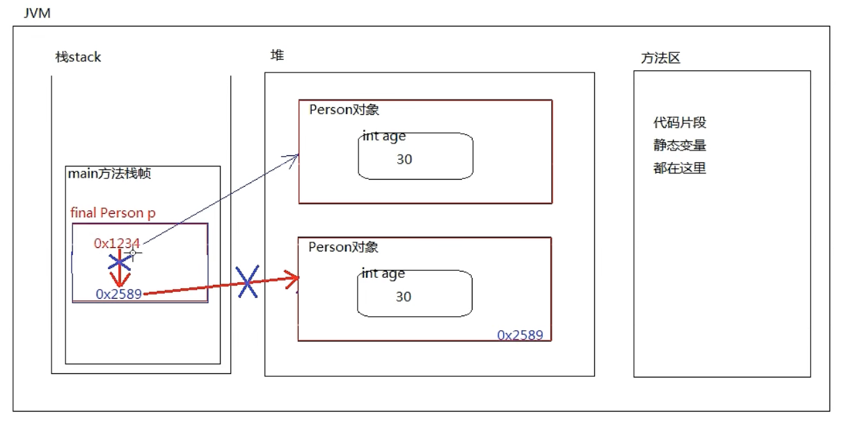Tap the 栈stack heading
[78, 57]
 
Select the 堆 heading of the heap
[277, 55]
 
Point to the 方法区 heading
[660, 58]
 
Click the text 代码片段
[680, 123]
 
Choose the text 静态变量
[680, 146]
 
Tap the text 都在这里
[680, 168]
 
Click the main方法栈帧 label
[109, 174]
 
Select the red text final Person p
[113, 213]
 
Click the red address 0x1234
[117, 243]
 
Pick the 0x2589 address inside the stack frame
[119, 294]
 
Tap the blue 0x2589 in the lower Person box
[520, 335]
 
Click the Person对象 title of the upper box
[344, 110]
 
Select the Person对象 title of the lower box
[343, 247]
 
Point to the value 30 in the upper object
[404, 159]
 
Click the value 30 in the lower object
[404, 297]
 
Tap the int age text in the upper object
[384, 136]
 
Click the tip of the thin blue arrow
[298, 155]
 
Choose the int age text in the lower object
[383, 274]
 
